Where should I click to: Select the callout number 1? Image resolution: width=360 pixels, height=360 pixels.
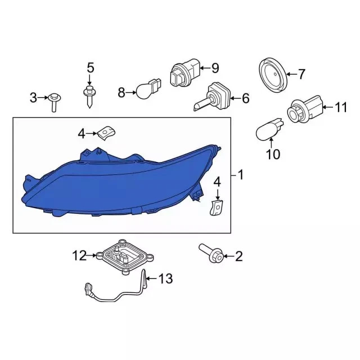coord(241,175)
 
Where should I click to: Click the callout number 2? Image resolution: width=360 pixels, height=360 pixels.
coord(238,257)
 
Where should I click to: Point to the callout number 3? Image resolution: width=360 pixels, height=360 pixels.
coord(33,98)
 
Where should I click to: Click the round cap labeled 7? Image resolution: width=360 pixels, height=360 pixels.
coord(273,74)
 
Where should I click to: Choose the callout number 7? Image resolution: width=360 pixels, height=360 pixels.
coord(301,74)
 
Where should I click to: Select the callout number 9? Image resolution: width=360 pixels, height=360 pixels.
coord(214,68)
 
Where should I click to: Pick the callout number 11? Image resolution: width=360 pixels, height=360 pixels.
coord(341,107)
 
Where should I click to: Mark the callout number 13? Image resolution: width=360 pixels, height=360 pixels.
coord(165,278)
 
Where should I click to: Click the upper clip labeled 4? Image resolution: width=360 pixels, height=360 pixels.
coord(105,133)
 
